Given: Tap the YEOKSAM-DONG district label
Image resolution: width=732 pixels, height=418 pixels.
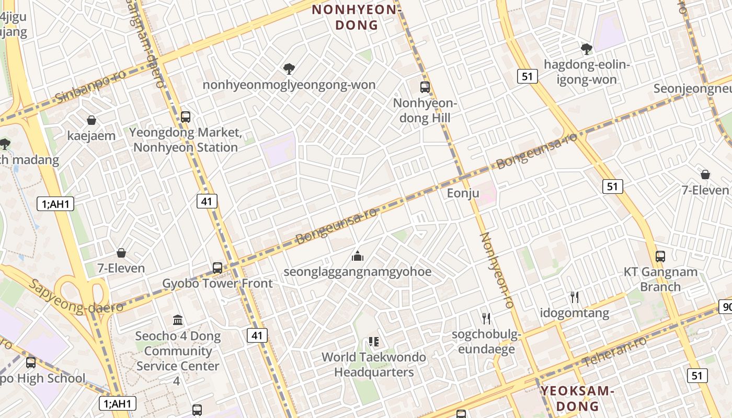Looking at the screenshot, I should point(576,398).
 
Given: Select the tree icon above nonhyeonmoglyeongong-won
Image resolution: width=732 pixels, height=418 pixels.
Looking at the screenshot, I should point(289,68).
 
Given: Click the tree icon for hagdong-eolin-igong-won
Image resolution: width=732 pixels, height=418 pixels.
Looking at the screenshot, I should point(587,49).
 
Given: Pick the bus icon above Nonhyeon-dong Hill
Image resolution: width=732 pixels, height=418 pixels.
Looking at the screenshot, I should point(425,87).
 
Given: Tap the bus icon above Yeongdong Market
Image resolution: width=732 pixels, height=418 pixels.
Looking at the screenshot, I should point(186,117).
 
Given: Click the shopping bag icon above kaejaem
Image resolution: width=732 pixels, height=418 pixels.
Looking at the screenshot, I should point(92,120).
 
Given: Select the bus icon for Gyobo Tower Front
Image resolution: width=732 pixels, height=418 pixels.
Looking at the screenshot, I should point(218,268).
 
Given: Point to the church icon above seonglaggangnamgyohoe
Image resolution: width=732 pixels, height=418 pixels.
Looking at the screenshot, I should point(358,256).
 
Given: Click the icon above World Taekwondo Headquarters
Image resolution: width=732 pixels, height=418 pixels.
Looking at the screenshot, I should point(373,342).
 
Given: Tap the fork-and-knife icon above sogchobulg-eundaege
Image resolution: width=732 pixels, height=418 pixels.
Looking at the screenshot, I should point(486,318).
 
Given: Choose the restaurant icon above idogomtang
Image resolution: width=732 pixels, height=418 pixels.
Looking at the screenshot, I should point(575,297).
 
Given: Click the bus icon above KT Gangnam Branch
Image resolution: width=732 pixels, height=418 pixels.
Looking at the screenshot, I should point(660,257).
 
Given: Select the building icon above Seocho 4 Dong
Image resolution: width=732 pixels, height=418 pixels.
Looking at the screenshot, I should point(178,320).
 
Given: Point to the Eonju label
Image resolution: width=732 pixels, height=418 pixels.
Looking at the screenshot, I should point(463,193).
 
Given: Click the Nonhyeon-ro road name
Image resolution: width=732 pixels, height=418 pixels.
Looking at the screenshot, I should point(497,270).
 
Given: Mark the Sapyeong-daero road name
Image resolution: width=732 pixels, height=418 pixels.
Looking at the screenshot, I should point(76,297).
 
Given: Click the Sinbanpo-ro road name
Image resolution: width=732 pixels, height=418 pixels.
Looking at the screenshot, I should point(90,86).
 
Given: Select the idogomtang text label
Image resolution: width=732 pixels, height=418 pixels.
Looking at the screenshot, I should point(575,313).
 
